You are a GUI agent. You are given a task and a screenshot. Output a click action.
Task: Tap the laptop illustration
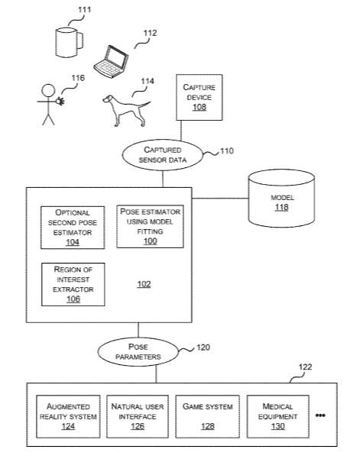tap(112, 61)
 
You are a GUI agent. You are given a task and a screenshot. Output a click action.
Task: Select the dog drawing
tap(125, 111)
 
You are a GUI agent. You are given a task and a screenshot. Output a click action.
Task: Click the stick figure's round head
tap(48, 91)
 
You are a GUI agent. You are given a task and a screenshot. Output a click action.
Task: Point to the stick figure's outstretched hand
tap(60, 101)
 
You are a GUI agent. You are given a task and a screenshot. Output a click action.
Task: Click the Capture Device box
tap(199, 97)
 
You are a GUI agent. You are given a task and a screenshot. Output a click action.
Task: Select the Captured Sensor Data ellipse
tap(162, 155)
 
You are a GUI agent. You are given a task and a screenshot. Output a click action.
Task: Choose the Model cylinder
tap(281, 199)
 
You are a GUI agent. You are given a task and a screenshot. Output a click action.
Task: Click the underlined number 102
tap(144, 284)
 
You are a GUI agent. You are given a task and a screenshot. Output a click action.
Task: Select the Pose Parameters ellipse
tap(138, 352)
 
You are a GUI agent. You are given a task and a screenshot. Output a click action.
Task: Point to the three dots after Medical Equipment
tap(320, 415)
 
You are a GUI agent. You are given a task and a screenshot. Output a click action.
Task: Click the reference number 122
tap(305, 367)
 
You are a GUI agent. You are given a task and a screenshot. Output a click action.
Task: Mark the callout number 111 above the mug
tap(84, 10)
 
